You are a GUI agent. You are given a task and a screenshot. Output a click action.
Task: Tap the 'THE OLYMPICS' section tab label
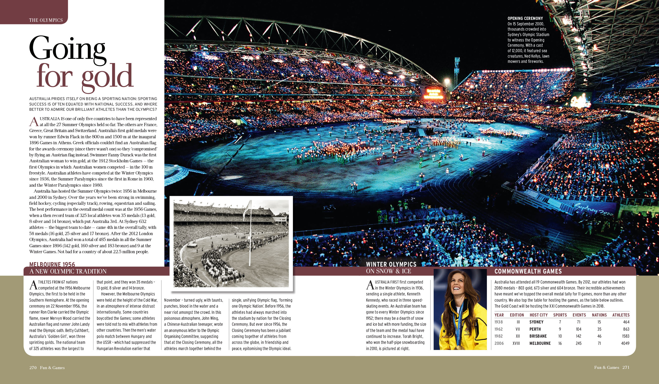[46, 20]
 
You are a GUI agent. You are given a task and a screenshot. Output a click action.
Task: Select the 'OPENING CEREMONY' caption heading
[525, 18]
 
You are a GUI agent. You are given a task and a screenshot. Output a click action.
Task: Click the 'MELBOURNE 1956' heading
[52, 264]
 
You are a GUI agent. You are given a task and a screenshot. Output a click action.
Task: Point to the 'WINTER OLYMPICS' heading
[391, 264]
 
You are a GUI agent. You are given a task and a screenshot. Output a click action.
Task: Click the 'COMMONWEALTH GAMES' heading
[528, 271]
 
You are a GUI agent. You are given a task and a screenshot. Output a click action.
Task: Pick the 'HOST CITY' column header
[538, 315]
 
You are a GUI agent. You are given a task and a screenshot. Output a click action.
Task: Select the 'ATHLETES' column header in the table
[621, 315]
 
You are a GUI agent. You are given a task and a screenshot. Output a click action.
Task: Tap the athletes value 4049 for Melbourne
[625, 343]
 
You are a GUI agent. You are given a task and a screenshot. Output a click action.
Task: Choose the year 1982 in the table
[499, 336]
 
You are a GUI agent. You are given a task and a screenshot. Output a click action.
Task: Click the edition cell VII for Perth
[518, 329]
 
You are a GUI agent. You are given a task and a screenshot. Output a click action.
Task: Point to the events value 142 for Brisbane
[578, 336]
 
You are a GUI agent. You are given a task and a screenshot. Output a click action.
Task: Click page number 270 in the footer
[33, 368]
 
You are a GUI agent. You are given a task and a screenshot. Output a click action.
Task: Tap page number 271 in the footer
[626, 367]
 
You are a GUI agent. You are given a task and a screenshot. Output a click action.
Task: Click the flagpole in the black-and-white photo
[250, 236]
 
